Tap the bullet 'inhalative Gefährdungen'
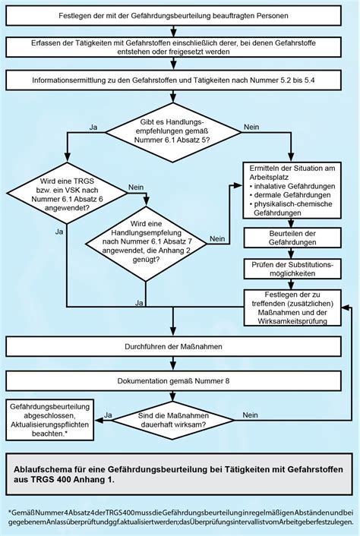pyautogui.click(x=292, y=186)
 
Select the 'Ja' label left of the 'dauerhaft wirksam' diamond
pyautogui.click(x=109, y=415)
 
